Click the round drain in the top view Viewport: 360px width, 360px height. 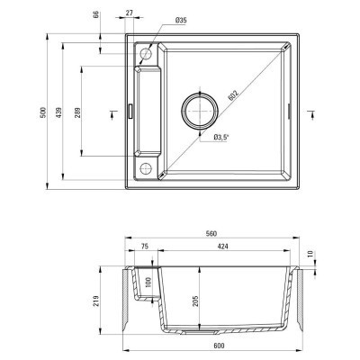pyautogui.click(x=200, y=111)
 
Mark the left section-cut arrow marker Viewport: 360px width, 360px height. pyautogui.click(x=111, y=111)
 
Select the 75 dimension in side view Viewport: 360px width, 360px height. pyautogui.click(x=143, y=246)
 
